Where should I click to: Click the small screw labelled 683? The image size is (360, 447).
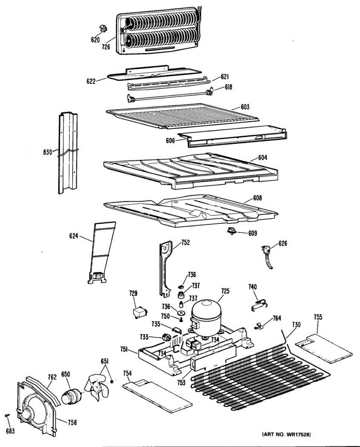pos(7,415)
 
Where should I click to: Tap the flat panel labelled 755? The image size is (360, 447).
pos(324,347)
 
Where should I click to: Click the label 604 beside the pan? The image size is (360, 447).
pos(262,158)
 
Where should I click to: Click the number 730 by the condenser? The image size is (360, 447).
pos(296,324)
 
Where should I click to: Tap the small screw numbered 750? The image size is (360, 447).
pos(181,319)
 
